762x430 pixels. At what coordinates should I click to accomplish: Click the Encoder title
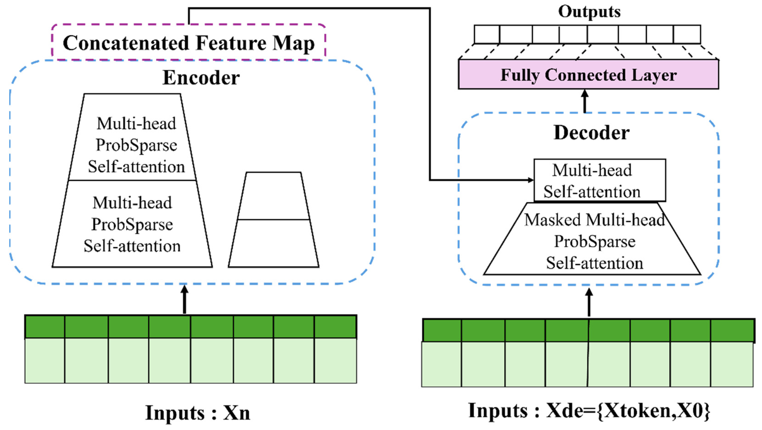click(201, 78)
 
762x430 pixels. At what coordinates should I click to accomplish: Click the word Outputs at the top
click(589, 12)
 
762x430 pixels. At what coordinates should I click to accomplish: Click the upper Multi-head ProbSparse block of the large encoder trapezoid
click(136, 145)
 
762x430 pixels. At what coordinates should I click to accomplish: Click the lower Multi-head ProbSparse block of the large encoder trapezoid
click(132, 224)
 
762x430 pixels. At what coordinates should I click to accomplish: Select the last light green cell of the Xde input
click(732, 364)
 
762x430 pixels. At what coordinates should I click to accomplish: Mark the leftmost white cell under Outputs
click(487, 34)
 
